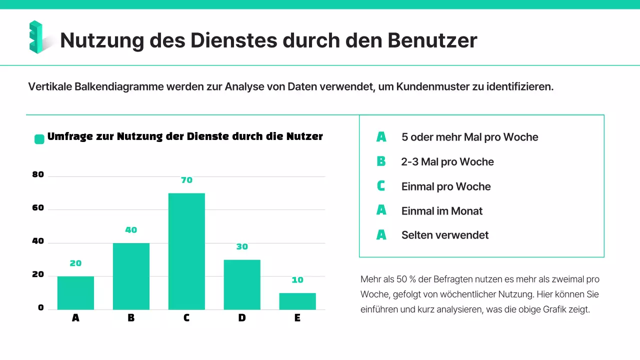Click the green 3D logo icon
point(36,37)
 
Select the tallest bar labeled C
point(186,251)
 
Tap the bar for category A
point(75,292)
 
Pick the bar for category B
point(131,276)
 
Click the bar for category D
point(242,284)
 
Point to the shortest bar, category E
point(297,301)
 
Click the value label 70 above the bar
point(186,180)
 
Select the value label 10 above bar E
point(297,280)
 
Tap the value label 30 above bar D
point(242,246)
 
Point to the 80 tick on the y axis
point(38,175)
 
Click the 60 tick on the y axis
point(38,208)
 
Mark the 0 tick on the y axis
point(41,308)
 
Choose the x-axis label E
point(297,318)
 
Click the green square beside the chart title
point(39,139)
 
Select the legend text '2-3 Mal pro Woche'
point(447,162)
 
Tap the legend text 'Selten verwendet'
point(444,235)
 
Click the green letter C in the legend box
point(381,186)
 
